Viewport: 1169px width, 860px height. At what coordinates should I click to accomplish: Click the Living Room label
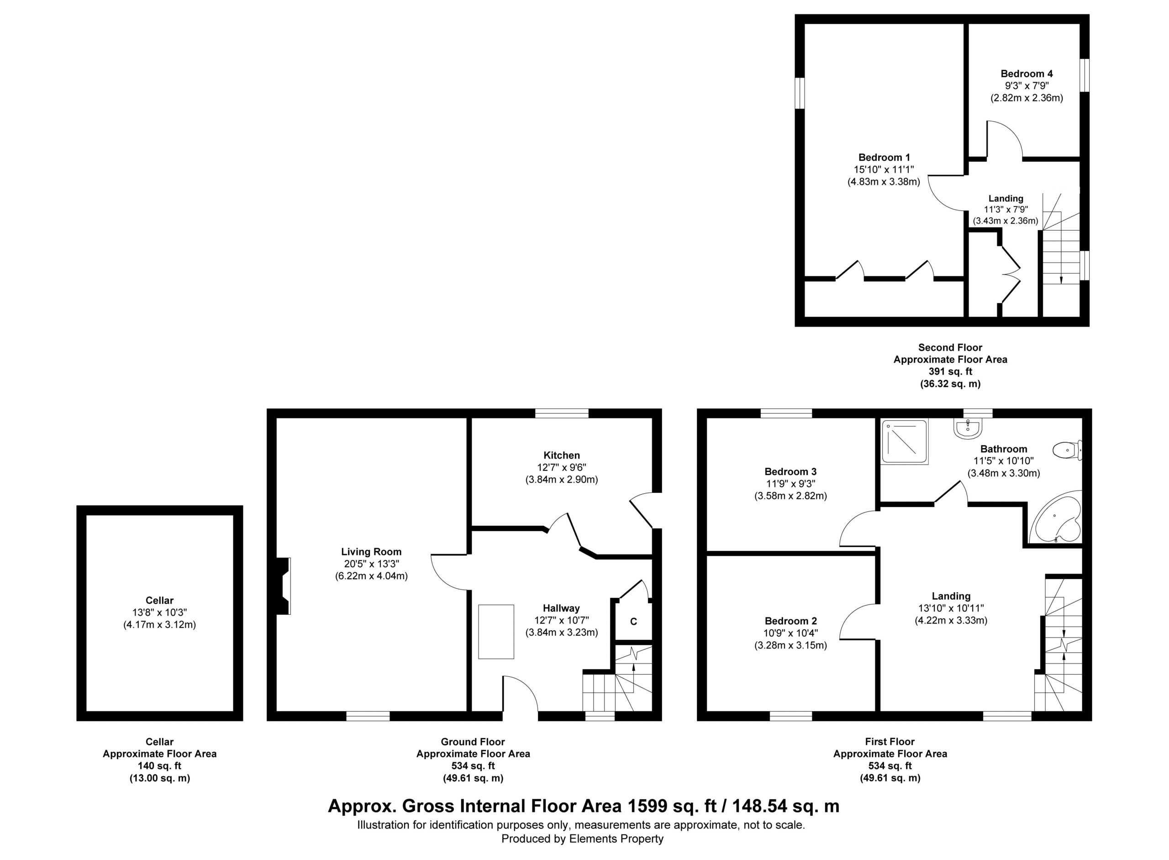tap(371, 552)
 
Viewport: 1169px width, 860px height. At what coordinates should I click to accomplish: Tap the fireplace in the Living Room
tap(284, 586)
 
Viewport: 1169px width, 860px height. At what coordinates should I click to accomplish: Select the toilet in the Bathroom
tap(1067, 450)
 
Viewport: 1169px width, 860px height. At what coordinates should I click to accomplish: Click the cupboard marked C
tap(633, 621)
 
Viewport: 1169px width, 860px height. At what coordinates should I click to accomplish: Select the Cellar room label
tap(160, 600)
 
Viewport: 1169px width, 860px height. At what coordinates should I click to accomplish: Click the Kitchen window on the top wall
tap(562, 413)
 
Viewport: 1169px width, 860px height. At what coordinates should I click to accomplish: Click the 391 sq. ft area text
tap(950, 372)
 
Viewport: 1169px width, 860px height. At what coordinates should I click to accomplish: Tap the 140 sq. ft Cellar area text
tap(160, 766)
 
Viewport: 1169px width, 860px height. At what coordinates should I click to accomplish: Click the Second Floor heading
tap(950, 347)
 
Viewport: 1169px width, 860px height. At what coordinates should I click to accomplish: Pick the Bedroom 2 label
tap(790, 621)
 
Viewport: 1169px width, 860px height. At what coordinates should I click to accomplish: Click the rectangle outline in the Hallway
tap(496, 632)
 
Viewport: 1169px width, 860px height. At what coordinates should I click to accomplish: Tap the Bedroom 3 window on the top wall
tap(786, 413)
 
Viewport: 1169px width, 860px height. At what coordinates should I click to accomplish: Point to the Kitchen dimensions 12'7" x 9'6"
tap(562, 468)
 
